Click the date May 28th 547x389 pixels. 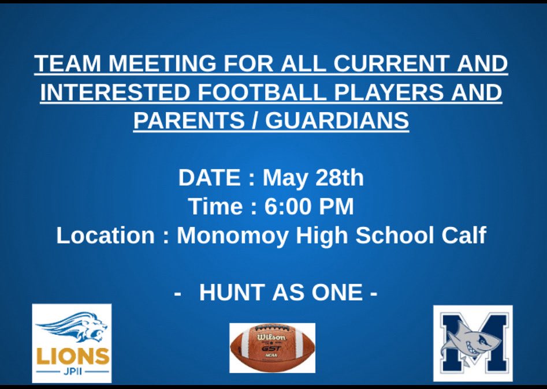point(314,178)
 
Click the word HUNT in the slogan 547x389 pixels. point(230,293)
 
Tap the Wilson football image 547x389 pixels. point(272,347)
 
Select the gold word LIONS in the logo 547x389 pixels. point(72,356)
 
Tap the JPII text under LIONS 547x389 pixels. point(72,372)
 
